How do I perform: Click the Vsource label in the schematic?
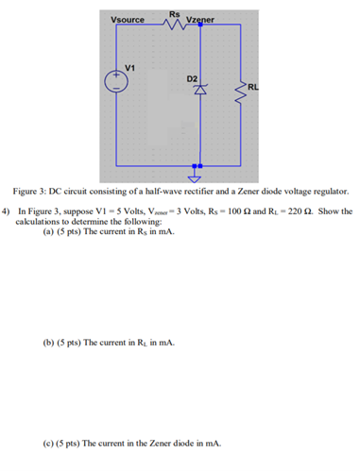(127, 20)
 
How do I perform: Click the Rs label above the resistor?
(174, 11)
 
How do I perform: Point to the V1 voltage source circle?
(119, 81)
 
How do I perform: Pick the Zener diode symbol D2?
(198, 92)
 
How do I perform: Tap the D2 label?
(192, 76)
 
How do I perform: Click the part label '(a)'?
(49, 230)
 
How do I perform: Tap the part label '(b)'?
(49, 343)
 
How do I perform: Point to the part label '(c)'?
(49, 442)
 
